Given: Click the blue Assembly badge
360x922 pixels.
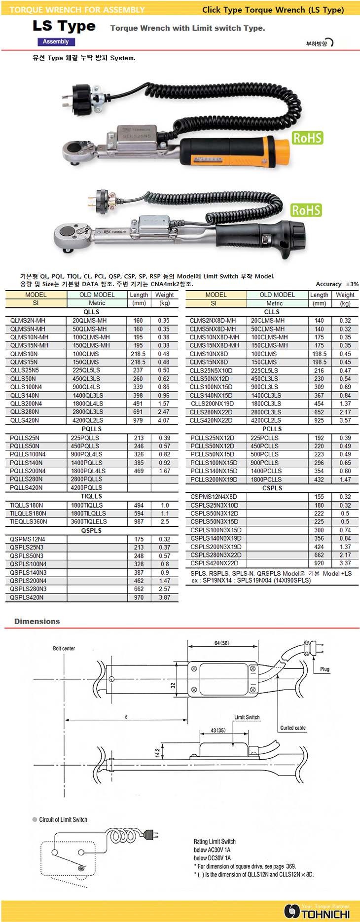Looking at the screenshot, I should pyautogui.click(x=55, y=42).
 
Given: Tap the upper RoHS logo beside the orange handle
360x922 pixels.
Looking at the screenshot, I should pyautogui.click(x=307, y=138).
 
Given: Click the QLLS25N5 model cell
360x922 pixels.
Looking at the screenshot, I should pyautogui.click(x=25, y=370).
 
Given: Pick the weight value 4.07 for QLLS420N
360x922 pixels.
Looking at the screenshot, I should pyautogui.click(x=164, y=420).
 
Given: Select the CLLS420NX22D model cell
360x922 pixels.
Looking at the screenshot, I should pyautogui.click(x=211, y=420).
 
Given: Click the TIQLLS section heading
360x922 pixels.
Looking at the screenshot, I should pyautogui.click(x=91, y=496).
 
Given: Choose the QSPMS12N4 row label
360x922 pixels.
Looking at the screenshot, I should pyautogui.click(x=28, y=539).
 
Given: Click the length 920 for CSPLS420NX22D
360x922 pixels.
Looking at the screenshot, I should pyautogui.click(x=319, y=563).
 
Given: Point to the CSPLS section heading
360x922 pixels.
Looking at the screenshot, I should pyautogui.click(x=272, y=488).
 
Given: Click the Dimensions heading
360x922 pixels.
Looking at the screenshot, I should pyautogui.click(x=37, y=622).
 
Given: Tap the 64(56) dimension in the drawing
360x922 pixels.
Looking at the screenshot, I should pyautogui.click(x=222, y=643).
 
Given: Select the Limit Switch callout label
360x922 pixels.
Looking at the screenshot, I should pyautogui.click(x=247, y=717).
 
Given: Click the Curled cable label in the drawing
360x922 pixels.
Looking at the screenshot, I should pyautogui.click(x=293, y=728).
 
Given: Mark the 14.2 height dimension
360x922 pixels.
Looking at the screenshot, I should pyautogui.click(x=157, y=752).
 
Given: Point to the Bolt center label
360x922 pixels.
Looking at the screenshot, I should pyautogui.click(x=64, y=648).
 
